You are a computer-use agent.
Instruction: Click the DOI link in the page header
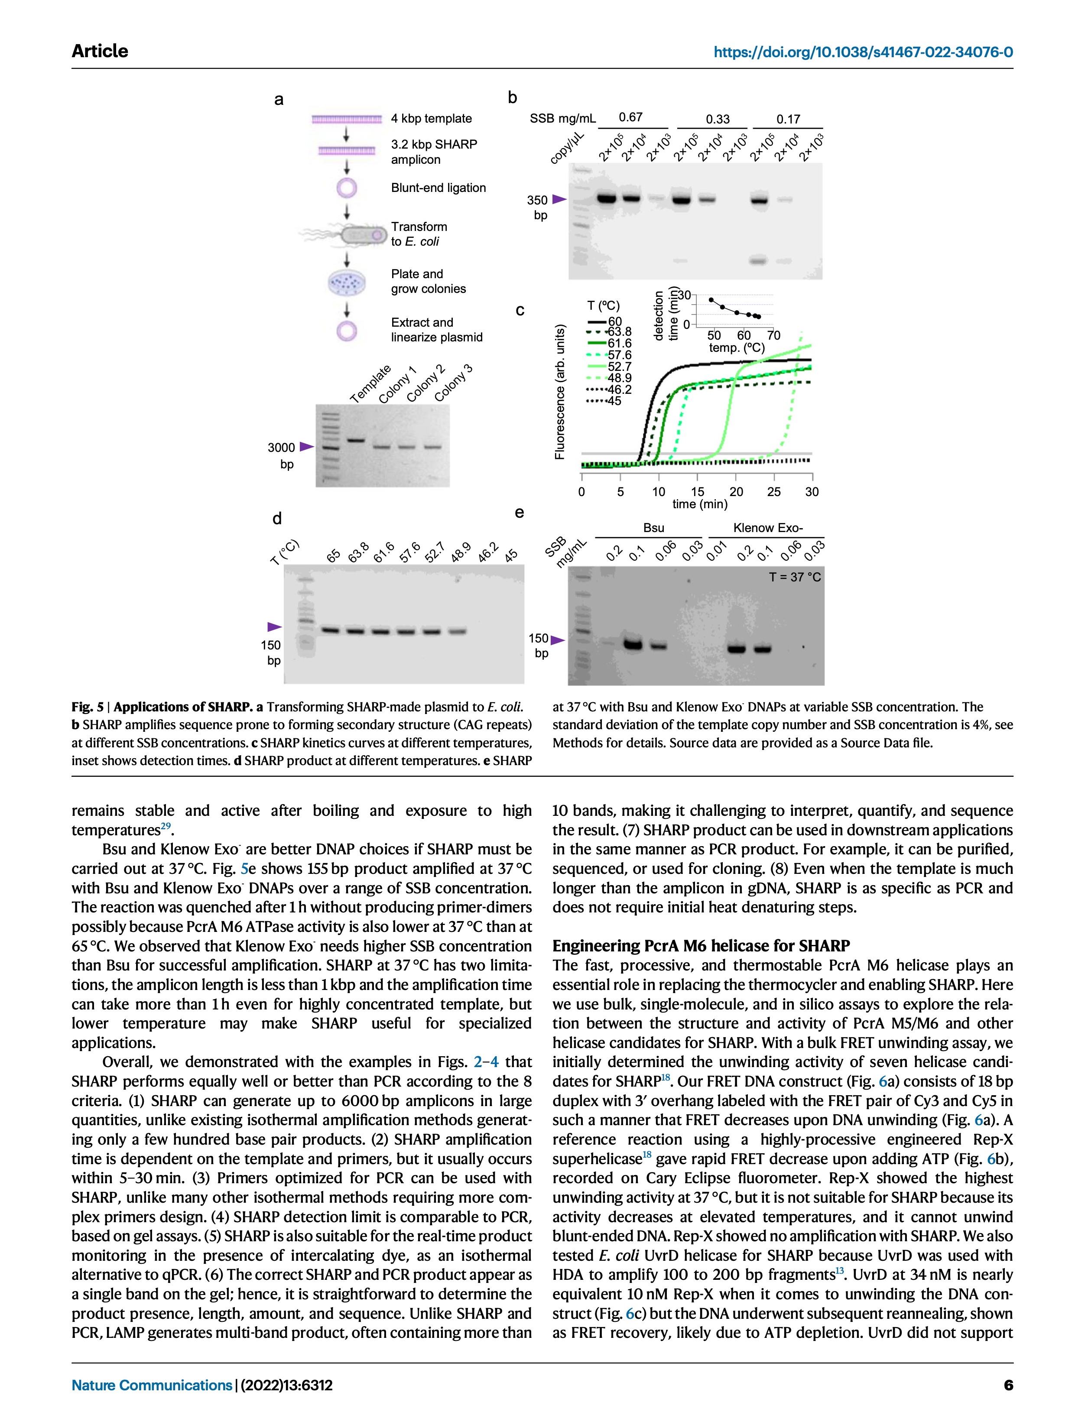pos(863,52)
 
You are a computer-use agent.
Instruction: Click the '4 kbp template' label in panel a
pos(431,119)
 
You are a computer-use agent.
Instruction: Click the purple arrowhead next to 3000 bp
pos(306,447)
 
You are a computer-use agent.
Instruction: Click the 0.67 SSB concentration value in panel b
pos(630,117)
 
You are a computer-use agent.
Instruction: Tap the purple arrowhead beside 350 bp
pos(559,199)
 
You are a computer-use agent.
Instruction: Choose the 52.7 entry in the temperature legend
pos(619,366)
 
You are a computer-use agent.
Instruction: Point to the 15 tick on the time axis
pos(697,492)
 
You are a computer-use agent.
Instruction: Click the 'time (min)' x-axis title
pos(699,504)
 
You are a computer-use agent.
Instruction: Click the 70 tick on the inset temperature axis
pos(773,335)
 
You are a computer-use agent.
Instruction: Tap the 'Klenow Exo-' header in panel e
pos(768,528)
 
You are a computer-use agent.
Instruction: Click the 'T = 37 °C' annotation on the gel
pos(794,577)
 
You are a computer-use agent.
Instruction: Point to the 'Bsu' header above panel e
pos(653,528)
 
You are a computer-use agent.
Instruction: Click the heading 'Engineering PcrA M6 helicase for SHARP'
pos(701,946)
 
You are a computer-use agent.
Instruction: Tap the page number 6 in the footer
pos(1008,1385)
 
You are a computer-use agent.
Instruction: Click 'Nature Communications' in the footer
pos(152,1385)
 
